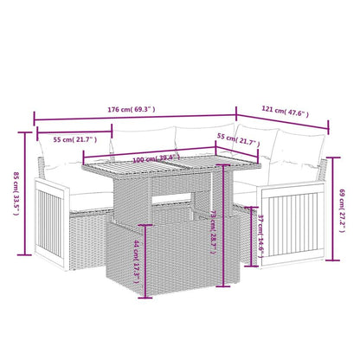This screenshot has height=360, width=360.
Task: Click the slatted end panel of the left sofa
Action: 44,221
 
